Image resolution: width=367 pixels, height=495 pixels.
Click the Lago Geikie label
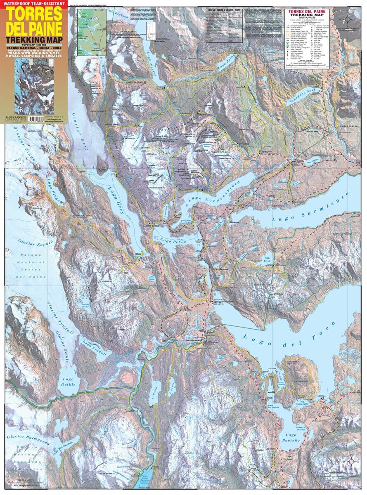click(68, 381)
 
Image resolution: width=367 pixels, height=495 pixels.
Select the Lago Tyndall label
click(95, 348)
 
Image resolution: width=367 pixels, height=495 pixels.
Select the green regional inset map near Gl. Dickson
click(92, 32)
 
